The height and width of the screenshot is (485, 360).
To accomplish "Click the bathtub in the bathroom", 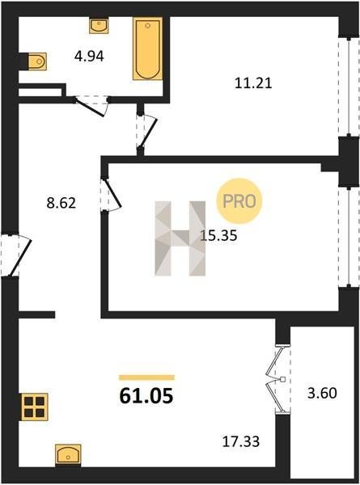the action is tap(148, 48).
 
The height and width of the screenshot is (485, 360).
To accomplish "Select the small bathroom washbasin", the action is tap(99, 25).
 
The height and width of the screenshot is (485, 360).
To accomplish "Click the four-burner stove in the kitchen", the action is tap(34, 407).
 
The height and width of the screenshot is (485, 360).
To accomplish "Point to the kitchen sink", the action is tap(68, 454).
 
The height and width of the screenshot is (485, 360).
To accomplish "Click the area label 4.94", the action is tap(89, 57).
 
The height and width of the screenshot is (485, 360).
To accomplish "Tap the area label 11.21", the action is tap(253, 83).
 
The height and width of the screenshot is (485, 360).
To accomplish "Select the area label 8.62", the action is tap(61, 203).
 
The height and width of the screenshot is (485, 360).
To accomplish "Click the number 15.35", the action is tap(219, 236).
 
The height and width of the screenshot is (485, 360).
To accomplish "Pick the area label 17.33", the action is tap(241, 441).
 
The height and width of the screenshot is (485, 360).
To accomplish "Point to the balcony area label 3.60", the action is tap(322, 394).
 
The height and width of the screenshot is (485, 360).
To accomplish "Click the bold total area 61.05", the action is tap(146, 396).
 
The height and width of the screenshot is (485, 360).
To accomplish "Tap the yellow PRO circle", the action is tap(239, 201).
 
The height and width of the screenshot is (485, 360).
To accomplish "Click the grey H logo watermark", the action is tap(180, 238).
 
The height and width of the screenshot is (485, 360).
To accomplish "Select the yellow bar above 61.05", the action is tap(146, 377).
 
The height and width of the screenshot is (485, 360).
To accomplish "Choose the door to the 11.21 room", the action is tap(149, 133).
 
